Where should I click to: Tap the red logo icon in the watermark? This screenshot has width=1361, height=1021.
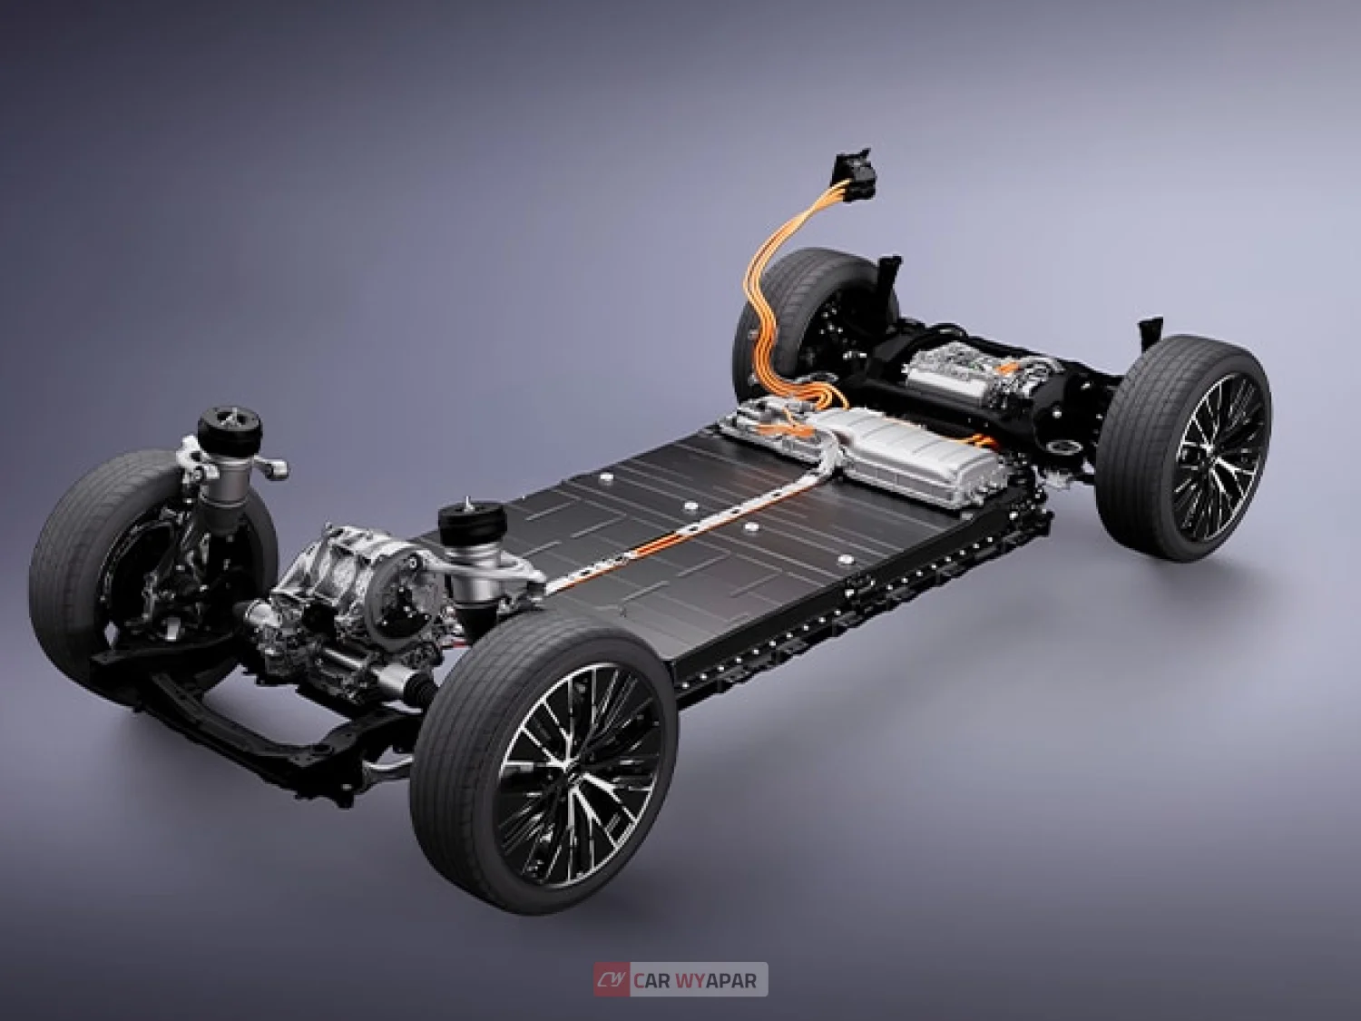click(x=612, y=980)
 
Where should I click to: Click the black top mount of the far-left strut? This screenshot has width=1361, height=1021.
click(x=230, y=424)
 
